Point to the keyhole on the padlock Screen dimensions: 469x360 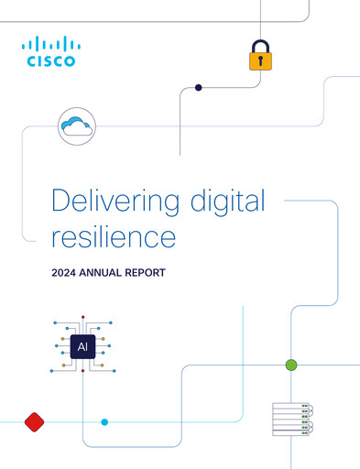[261, 61]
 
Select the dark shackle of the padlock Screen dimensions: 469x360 [261, 45]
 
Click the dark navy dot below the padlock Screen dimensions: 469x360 [198, 88]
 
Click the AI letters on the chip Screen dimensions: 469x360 [83, 348]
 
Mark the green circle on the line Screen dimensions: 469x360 [291, 365]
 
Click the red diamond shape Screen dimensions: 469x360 [35, 421]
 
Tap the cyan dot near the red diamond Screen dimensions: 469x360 [104, 421]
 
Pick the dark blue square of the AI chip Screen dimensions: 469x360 [83, 348]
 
